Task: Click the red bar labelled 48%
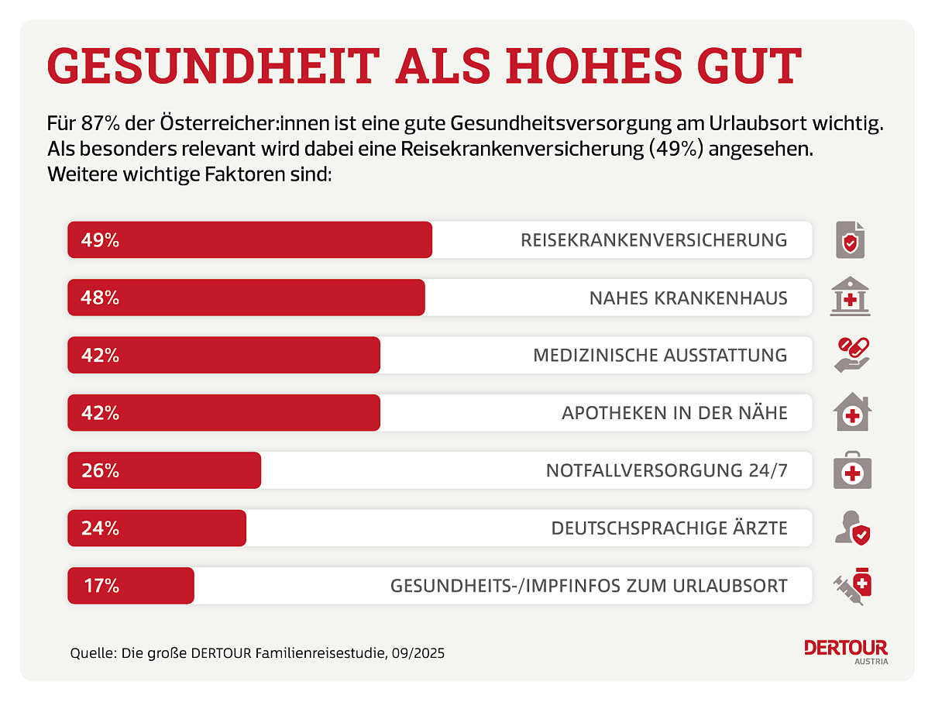tap(246, 298)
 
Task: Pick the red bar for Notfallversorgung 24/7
tap(164, 470)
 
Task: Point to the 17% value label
tap(101, 586)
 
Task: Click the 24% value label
tap(101, 528)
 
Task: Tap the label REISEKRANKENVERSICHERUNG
tap(654, 240)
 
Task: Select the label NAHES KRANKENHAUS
tap(688, 298)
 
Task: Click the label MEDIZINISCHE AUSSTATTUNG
tap(660, 356)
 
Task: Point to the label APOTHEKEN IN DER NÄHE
tap(674, 413)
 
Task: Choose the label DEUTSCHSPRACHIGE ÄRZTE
tap(669, 528)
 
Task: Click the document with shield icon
tap(850, 240)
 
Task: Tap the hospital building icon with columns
tap(850, 297)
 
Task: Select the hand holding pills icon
tap(851, 355)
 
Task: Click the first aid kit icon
tap(852, 471)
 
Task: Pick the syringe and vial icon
tap(852, 586)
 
